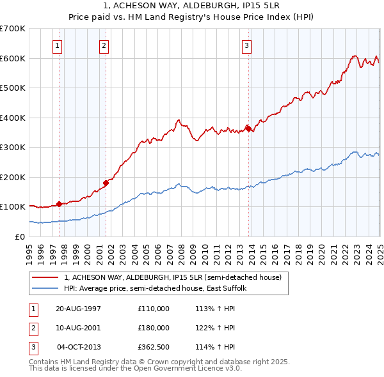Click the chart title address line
coord(191,5)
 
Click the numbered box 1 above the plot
coord(58,45)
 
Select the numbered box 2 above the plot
coord(104,45)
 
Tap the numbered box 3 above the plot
coord(246,45)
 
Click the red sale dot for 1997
coord(59,204)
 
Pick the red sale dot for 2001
coord(106,183)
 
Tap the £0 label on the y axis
coord(20,236)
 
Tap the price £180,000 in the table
coord(154,328)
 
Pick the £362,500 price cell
coord(154,347)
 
